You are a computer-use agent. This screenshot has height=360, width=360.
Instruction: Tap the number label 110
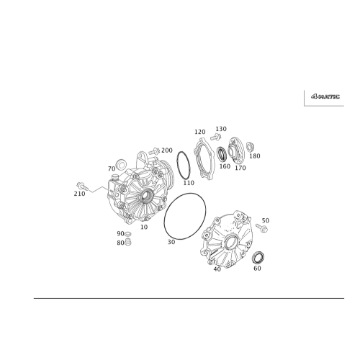(189, 182)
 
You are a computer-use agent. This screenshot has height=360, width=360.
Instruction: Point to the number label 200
(167, 149)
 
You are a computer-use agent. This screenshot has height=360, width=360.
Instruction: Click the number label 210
(78, 194)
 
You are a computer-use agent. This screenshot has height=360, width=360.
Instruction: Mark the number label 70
(112, 168)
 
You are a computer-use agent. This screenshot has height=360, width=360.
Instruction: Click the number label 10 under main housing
(144, 226)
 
